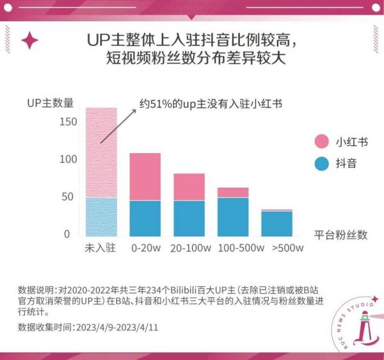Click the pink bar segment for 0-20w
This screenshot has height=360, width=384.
point(145,177)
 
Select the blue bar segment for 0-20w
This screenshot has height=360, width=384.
point(145,218)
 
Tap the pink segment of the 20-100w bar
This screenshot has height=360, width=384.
point(189,187)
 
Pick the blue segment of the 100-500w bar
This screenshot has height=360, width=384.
point(233,217)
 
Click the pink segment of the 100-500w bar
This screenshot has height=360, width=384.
point(233,192)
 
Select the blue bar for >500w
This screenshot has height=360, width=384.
point(276,224)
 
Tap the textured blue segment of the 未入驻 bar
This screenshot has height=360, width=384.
point(101,217)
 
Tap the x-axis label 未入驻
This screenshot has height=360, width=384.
point(101,247)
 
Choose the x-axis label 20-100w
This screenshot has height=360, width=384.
point(189,247)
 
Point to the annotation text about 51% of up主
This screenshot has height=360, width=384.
point(211,103)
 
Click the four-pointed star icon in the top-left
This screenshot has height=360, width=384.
point(29,41)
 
